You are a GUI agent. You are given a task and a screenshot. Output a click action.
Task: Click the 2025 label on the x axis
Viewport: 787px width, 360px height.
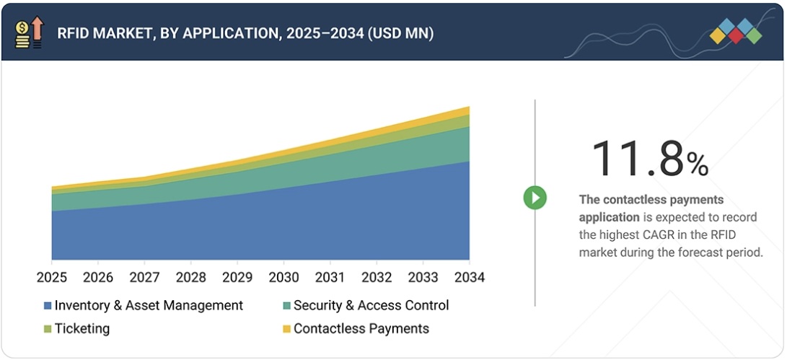[52, 278]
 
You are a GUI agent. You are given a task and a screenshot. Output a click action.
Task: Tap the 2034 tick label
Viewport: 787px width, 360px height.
[470, 278]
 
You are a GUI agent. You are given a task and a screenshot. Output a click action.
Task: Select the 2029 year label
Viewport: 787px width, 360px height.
[237, 278]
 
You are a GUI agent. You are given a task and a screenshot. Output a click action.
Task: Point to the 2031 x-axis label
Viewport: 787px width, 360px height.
[330, 278]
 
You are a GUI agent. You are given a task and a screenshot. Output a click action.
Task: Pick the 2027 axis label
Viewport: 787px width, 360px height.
[144, 278]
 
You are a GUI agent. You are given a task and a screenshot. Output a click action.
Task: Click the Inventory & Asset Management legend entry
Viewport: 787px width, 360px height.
[149, 305]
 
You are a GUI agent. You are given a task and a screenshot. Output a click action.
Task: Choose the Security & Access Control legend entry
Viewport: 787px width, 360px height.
[371, 305]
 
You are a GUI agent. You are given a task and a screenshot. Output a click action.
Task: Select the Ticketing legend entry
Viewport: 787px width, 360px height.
[82, 329]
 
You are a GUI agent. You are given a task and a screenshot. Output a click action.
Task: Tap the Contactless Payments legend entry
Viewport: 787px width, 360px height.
[361, 329]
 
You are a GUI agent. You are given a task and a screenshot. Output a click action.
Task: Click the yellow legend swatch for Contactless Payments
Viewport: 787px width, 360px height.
[286, 330]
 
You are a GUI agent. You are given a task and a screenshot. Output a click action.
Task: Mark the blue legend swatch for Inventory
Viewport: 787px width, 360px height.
[48, 306]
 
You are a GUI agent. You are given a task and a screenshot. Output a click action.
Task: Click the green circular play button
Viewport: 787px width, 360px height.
[535, 197]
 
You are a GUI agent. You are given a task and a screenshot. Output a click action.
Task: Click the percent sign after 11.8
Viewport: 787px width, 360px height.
[697, 164]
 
